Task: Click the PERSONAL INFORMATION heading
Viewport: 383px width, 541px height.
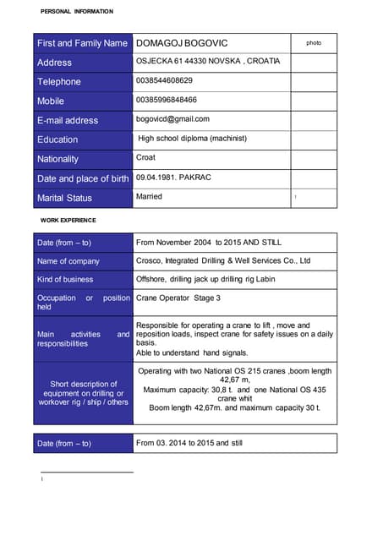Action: (76, 11)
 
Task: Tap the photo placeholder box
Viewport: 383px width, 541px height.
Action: (314, 42)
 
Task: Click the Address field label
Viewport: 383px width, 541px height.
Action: (55, 63)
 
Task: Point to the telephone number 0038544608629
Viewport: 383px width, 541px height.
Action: (164, 81)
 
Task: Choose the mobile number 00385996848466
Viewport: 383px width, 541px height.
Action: (166, 101)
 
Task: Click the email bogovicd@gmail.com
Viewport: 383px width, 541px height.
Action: (172, 119)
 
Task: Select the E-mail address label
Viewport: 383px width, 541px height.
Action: (68, 121)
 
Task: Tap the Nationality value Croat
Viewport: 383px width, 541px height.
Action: (146, 158)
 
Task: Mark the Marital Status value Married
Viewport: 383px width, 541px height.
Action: (149, 197)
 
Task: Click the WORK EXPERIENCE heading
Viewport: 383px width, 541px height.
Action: (68, 220)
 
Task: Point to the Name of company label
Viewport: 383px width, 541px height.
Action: (68, 261)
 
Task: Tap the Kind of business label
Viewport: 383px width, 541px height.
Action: (65, 279)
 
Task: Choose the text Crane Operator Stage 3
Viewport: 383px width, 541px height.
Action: (178, 298)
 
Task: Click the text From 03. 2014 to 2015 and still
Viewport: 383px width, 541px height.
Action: (189, 443)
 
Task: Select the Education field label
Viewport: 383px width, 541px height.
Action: (57, 139)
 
